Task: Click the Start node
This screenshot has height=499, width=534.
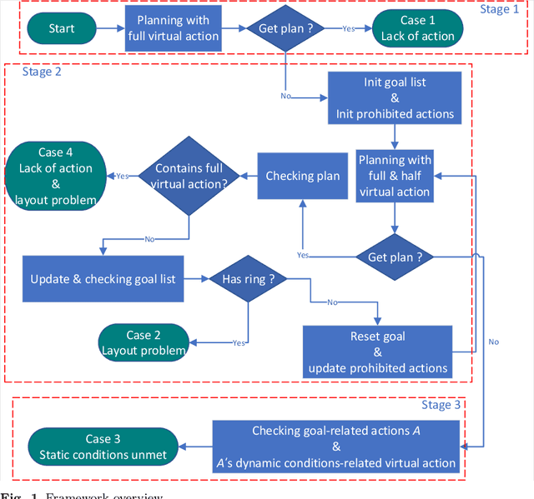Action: click(x=61, y=28)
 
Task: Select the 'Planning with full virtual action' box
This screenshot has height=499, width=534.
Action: click(x=173, y=28)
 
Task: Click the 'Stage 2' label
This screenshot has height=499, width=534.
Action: click(x=42, y=72)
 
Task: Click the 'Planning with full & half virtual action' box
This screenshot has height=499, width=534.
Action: click(x=394, y=175)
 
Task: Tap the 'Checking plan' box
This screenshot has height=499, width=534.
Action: click(x=302, y=175)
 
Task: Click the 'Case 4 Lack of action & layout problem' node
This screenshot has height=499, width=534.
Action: click(x=55, y=176)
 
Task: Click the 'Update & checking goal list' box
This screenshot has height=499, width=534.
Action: click(x=103, y=279)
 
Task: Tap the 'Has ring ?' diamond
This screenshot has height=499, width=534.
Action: click(x=248, y=279)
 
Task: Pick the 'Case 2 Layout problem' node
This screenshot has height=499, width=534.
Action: click(x=144, y=342)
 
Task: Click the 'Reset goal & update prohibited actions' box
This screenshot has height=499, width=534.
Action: click(x=378, y=351)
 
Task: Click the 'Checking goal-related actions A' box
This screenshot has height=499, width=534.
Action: click(x=335, y=447)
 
